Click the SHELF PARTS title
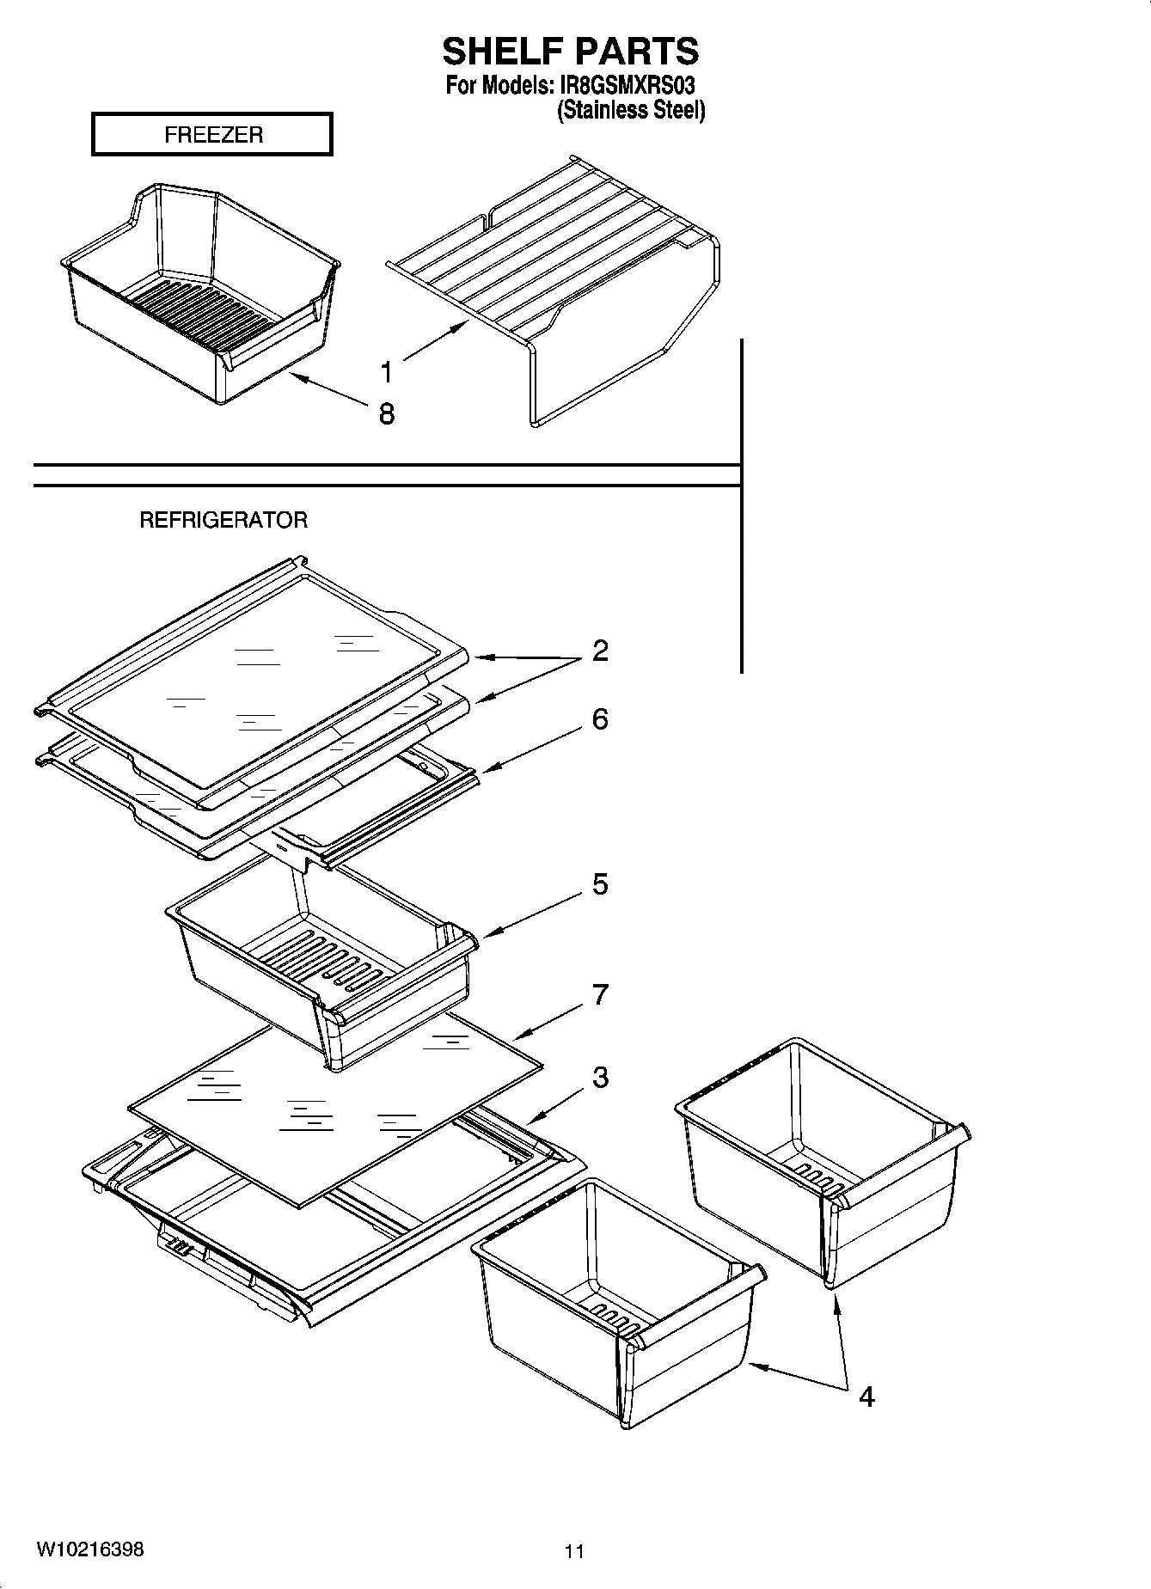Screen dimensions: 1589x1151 (x=570, y=52)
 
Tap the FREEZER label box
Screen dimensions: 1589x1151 (x=212, y=135)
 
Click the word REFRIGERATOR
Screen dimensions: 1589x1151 (x=223, y=520)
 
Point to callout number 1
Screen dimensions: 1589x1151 (x=387, y=372)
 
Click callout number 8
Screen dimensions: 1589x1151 (x=387, y=414)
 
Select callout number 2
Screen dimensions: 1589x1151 (x=600, y=651)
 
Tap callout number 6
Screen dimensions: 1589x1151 (x=600, y=719)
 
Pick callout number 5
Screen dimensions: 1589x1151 (x=600, y=883)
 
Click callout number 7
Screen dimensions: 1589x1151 (x=600, y=994)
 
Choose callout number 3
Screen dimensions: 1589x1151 (x=600, y=1077)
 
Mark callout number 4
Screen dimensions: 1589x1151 (x=866, y=1397)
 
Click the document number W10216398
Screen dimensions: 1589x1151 (x=89, y=1549)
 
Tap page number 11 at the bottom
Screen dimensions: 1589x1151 (x=574, y=1551)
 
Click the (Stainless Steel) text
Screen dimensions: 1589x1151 (x=631, y=111)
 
